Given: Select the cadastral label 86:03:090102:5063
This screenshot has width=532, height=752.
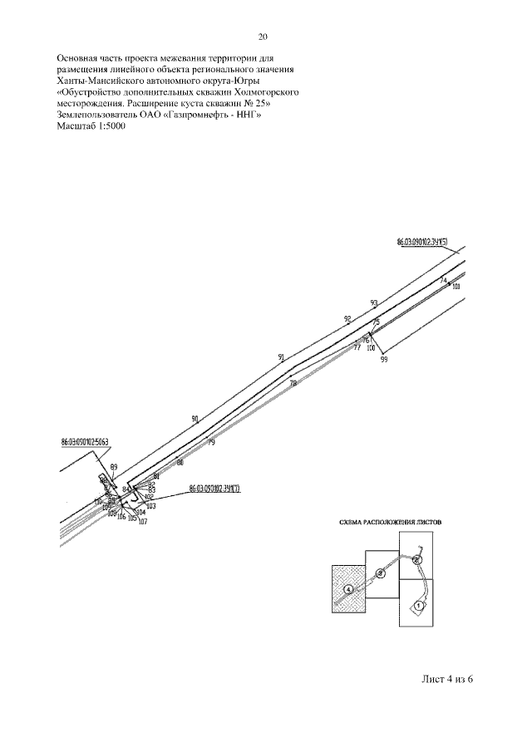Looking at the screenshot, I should [85, 442].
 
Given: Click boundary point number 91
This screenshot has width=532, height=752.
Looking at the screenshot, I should [282, 357].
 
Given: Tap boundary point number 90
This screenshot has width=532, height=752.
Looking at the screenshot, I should [195, 419].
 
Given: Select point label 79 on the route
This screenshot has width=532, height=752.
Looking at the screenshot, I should [211, 443].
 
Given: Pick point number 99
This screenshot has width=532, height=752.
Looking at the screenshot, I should [384, 359].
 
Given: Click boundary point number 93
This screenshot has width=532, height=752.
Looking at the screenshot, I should [374, 303].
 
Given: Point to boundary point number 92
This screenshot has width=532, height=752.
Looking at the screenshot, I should [347, 319].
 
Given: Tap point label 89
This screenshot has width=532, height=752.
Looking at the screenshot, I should [114, 467].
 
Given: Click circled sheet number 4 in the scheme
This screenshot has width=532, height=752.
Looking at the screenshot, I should [348, 588].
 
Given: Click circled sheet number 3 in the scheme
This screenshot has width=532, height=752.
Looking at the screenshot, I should [380, 573].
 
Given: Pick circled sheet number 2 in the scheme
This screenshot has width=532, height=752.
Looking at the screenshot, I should [417, 560].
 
